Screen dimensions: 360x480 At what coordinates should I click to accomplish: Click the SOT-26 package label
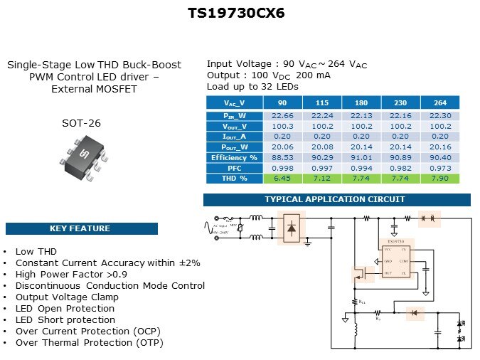pyautogui.click(x=81, y=123)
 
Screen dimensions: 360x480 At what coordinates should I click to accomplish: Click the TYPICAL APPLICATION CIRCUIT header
pyautogui.click(x=335, y=199)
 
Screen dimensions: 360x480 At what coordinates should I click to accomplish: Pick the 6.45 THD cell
pyautogui.click(x=283, y=178)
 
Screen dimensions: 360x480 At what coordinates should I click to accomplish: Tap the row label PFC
pyautogui.click(x=234, y=168)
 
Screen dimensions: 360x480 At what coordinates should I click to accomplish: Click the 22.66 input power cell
pyautogui.click(x=283, y=115)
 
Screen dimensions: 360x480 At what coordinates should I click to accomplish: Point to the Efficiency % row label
pyautogui.click(x=234, y=157)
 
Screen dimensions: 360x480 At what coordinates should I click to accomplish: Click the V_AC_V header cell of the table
pyautogui.click(x=234, y=102)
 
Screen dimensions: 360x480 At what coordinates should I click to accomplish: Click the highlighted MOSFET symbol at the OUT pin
pyautogui.click(x=358, y=273)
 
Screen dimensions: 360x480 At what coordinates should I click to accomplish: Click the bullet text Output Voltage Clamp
pyautogui.click(x=61, y=297)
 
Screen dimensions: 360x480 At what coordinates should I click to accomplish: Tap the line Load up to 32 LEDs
pyautogui.click(x=252, y=86)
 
